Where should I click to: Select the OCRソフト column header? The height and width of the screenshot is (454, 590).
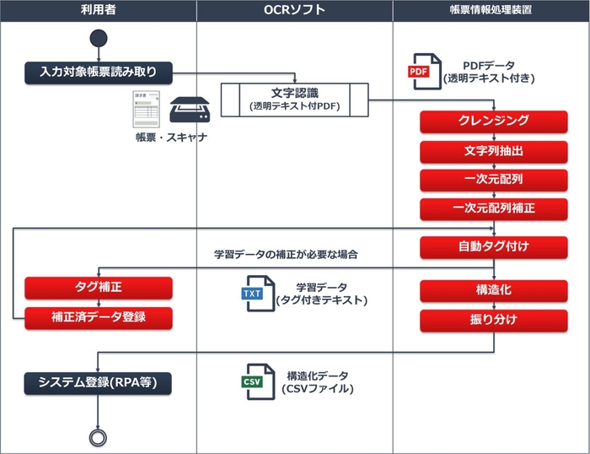pos(294,10)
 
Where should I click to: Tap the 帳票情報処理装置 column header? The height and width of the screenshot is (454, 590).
pos(491,10)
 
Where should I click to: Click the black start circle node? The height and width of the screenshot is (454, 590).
pos(99,39)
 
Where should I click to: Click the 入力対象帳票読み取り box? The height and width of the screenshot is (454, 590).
pos(99,72)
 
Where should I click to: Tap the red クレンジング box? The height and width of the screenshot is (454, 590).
pos(494,121)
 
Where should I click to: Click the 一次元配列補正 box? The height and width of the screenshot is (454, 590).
pos(494,208)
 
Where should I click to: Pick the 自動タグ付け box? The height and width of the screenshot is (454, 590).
pos(494,247)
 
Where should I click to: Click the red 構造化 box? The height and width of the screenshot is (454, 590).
pos(494,289)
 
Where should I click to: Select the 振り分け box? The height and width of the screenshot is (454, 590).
pos(494,320)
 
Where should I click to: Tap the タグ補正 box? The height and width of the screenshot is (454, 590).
pos(99,288)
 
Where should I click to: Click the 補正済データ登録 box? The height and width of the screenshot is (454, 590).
pos(99,317)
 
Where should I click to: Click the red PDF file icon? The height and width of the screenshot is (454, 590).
pos(424,71)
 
